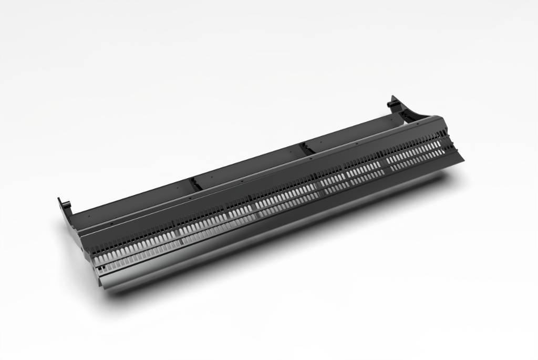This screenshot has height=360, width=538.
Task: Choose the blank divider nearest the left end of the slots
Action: [x=179, y=231]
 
